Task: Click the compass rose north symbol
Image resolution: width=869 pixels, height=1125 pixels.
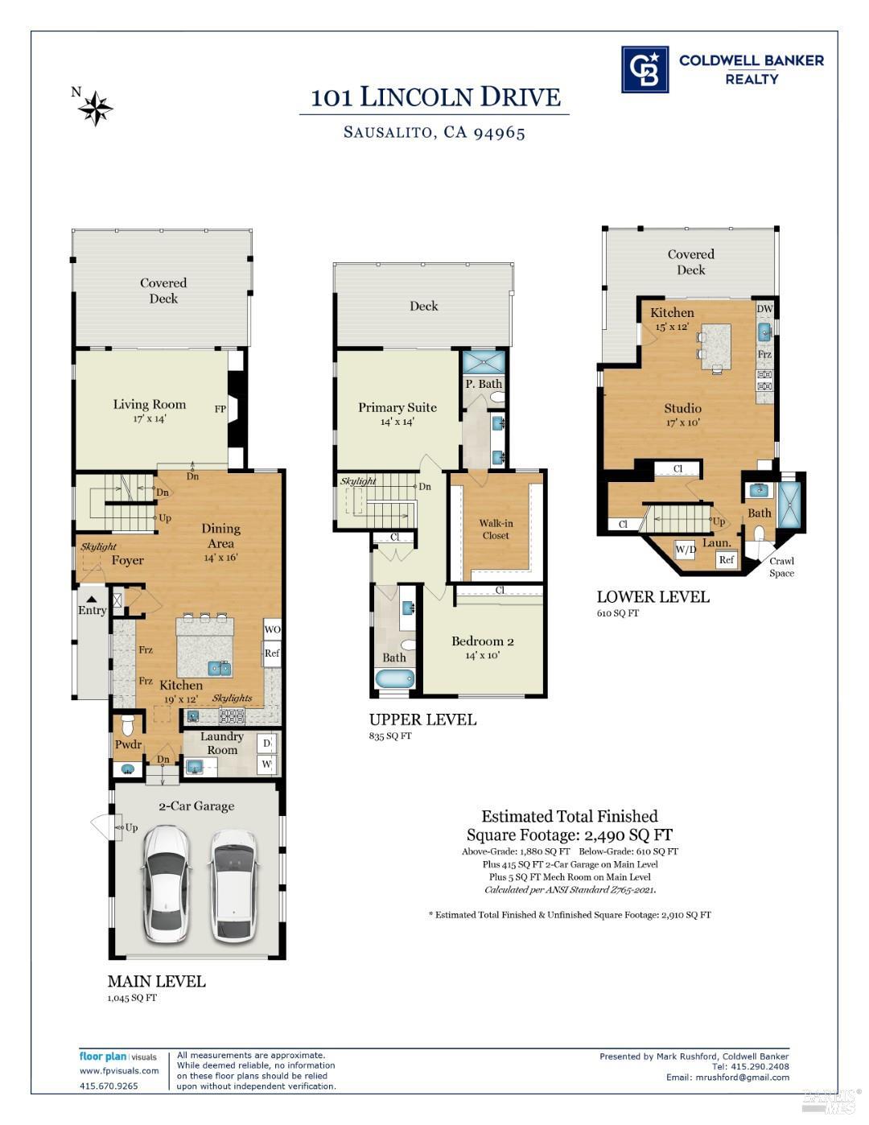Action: point(96,108)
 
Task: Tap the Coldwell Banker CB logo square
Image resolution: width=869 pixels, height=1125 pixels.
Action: point(645,69)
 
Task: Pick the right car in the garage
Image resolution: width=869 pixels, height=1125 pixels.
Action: point(235,885)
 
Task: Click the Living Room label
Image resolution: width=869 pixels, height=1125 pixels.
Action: point(149,405)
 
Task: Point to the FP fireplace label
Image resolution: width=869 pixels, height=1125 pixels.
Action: point(220,409)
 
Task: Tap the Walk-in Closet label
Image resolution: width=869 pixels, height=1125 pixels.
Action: point(496,529)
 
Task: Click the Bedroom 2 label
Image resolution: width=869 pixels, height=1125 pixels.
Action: point(482,641)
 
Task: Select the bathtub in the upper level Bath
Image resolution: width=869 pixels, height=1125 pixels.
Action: point(394,679)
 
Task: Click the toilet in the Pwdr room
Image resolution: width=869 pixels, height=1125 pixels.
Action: point(128,723)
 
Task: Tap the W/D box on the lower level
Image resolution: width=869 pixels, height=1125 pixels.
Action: point(686,550)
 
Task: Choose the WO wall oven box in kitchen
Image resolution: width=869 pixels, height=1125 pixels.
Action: point(272,629)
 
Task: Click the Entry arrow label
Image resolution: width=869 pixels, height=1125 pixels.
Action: point(92,606)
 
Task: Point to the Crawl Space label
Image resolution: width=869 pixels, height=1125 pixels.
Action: point(781,567)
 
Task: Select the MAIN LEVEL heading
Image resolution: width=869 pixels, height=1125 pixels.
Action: point(156,981)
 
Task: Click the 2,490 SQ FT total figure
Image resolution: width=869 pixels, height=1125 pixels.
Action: point(628,834)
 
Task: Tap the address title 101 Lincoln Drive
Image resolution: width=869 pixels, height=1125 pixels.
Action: point(435,97)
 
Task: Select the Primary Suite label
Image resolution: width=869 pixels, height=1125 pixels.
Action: point(397,407)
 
